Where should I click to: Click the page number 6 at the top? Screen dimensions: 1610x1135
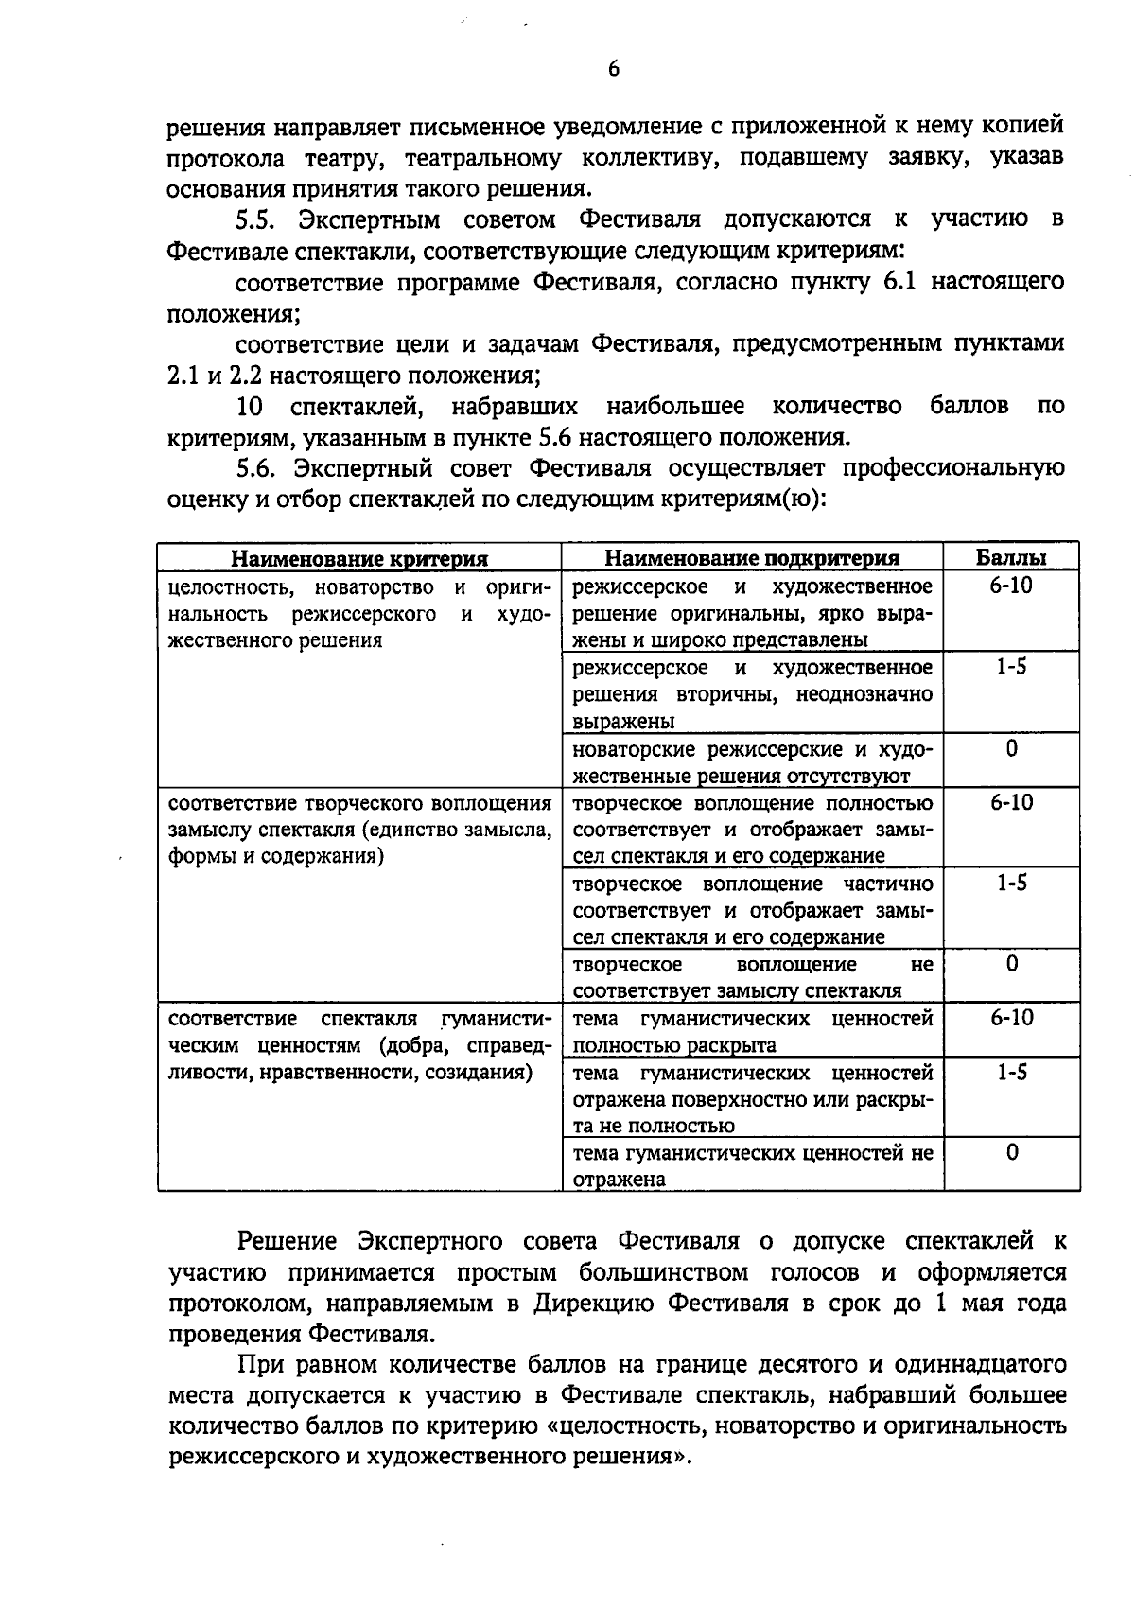click(x=613, y=69)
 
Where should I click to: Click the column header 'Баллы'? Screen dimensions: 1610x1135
click(x=1011, y=557)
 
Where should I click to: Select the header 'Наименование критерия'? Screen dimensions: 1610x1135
click(x=359, y=558)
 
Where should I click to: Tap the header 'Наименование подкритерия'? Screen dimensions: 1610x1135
click(x=752, y=558)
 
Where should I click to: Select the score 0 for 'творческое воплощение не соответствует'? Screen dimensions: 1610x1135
click(x=1012, y=964)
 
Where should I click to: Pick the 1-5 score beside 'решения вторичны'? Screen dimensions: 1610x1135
click(x=1011, y=667)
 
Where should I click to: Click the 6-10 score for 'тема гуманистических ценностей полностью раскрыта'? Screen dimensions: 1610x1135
click(x=1011, y=1018)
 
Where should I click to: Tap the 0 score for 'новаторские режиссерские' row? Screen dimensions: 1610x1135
click(x=1012, y=749)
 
